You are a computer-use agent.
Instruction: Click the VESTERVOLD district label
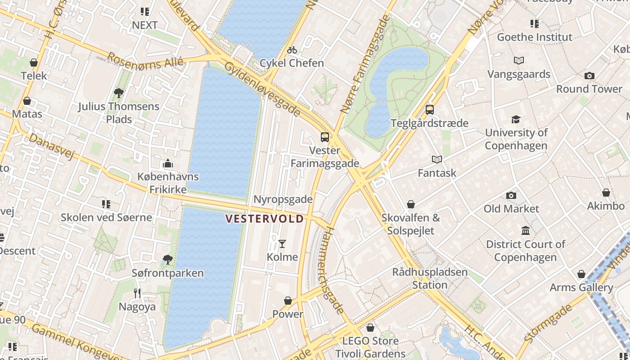pos(264,219)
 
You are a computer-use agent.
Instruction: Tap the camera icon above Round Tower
pos(589,76)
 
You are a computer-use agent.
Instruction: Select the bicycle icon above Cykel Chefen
pos(292,50)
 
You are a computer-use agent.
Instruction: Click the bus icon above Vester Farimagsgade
pos(324,137)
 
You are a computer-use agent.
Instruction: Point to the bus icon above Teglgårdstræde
pos(429,110)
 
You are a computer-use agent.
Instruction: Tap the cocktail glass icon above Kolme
pos(282,244)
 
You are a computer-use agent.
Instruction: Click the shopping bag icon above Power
pos(288,301)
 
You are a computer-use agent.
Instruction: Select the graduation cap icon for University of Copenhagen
pos(516,119)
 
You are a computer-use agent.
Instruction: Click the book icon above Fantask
pos(436,159)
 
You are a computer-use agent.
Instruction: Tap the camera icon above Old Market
pos(511,195)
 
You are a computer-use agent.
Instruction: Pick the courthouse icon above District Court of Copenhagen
pos(525,231)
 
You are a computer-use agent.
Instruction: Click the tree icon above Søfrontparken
pos(167,260)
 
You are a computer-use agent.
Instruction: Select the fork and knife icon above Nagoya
pos(137,293)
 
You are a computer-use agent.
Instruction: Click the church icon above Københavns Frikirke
pos(168,163)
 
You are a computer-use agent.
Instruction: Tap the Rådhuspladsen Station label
pos(430,279)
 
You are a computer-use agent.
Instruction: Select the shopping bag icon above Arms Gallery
pos(581,274)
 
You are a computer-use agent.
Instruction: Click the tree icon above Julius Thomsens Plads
pos(119,93)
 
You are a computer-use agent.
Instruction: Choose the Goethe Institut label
pos(534,37)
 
